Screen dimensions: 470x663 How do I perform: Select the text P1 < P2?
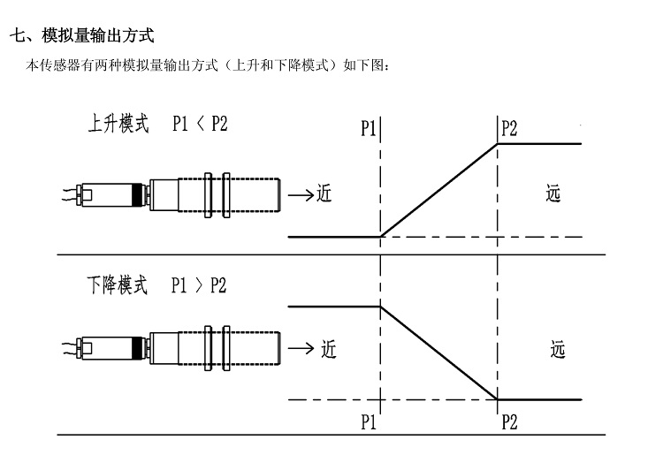coord(200,123)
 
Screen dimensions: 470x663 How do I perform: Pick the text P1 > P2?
coord(199,286)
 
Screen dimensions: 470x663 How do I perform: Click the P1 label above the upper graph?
coord(370,128)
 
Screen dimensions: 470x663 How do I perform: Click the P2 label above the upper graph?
coord(509,128)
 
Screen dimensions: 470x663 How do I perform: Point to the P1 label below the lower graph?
coord(370,421)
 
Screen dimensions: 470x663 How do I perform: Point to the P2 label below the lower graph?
coord(509,421)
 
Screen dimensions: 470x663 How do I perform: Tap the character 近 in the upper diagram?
coord(324,193)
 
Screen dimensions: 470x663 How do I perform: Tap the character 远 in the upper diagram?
coord(555,193)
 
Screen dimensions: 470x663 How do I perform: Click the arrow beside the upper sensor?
coord(301,194)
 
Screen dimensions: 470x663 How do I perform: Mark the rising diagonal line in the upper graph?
coord(439,189)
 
